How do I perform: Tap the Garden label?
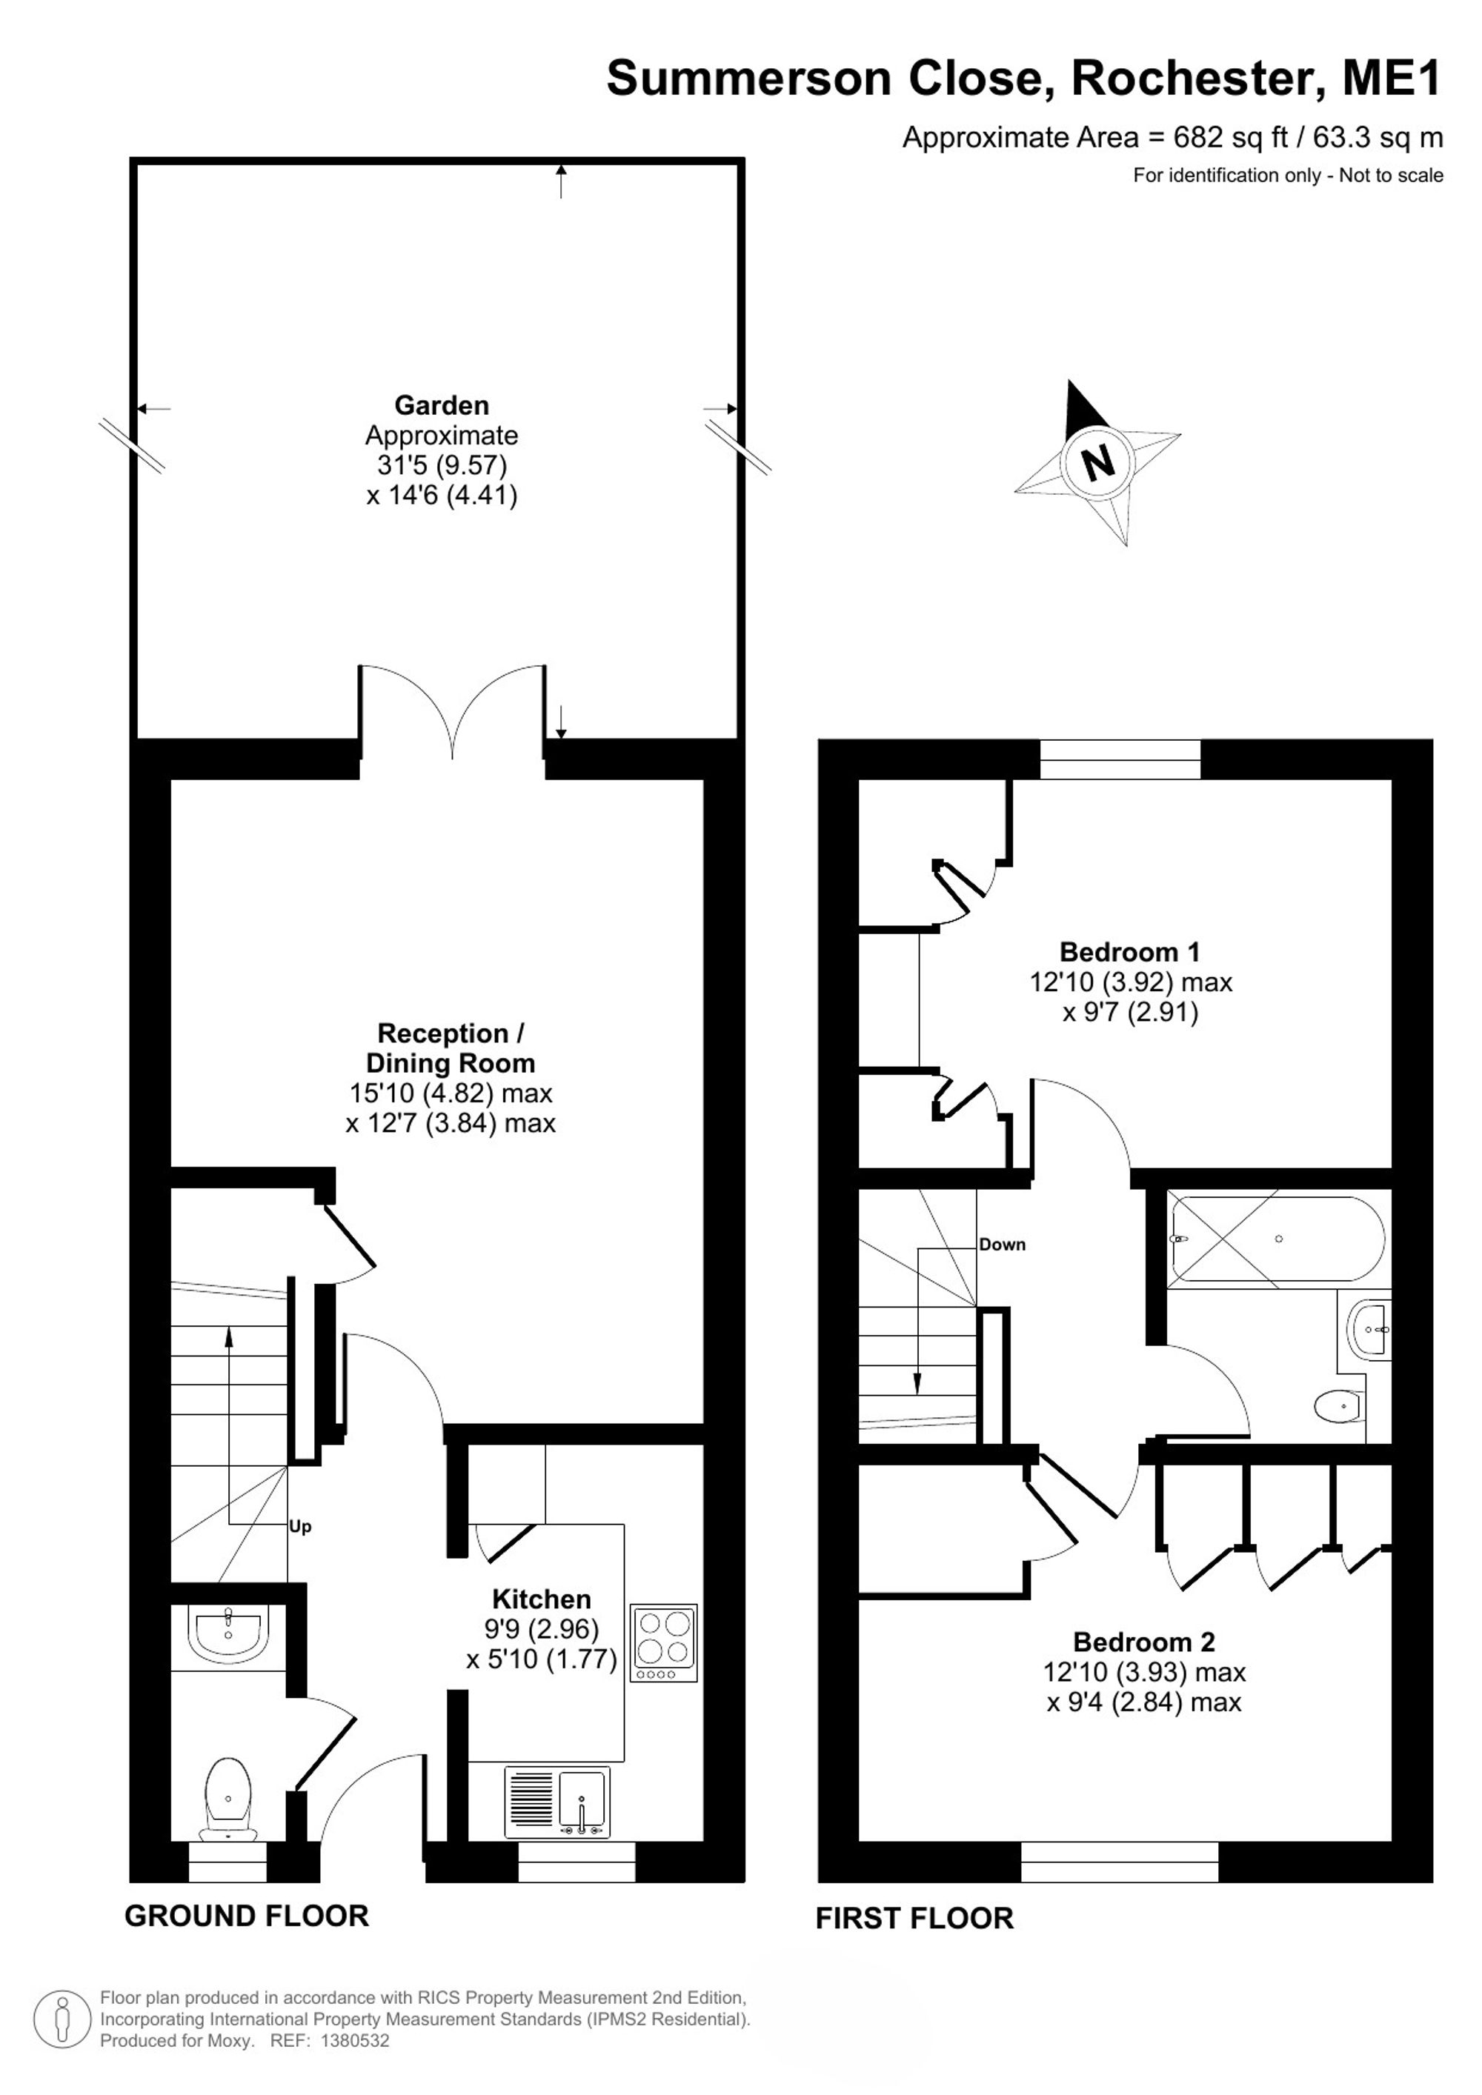coord(442,405)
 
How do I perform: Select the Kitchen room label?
coord(541,1599)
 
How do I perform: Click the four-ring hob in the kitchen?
coord(663,1642)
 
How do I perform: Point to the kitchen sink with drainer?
coord(556,1803)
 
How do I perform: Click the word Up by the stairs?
coord(300,1527)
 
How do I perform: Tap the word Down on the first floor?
coord(1002,1245)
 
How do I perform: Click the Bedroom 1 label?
coord(1130,952)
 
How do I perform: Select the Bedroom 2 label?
coord(1143,1642)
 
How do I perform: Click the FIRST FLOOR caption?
coord(914,1918)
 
